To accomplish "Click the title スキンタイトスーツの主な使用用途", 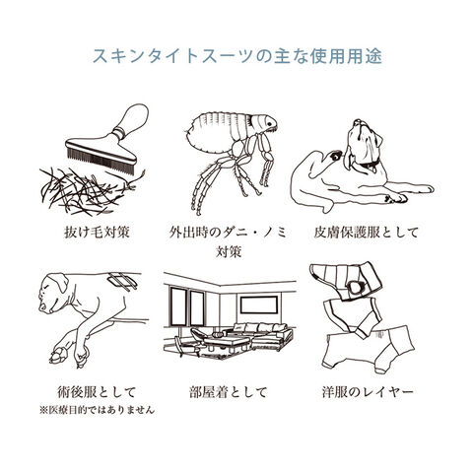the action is click(x=237, y=56).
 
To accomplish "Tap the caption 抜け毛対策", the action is click(x=97, y=233).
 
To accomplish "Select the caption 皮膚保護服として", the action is click(x=367, y=233).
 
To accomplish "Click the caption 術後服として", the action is click(x=97, y=392).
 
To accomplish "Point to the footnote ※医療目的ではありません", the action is click(x=97, y=410).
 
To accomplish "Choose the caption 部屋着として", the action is click(x=229, y=392).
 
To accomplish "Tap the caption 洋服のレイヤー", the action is click(x=368, y=392).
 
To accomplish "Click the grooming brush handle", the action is click(x=131, y=120).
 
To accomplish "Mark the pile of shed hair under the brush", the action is click(x=89, y=190).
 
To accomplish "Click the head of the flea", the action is click(x=263, y=123).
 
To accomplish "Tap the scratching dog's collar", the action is click(x=367, y=162).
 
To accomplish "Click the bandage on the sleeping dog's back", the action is click(x=123, y=281).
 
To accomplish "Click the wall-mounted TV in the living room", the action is click(x=259, y=304).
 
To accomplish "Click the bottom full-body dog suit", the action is click(x=368, y=348).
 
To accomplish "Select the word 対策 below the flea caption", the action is click(x=229, y=252).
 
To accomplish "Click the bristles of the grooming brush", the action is click(x=101, y=161).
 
